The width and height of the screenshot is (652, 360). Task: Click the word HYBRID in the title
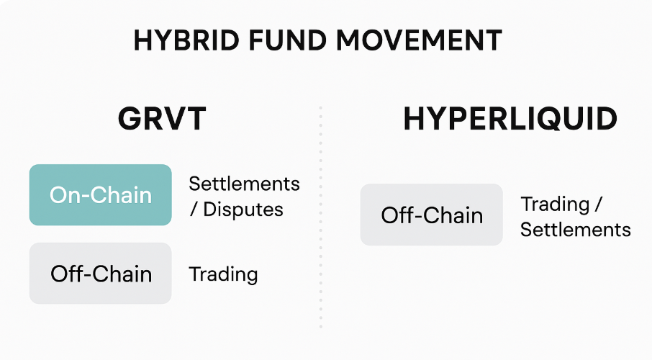click(x=186, y=40)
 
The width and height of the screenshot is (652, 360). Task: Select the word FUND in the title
click(x=287, y=40)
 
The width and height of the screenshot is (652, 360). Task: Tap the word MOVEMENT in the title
click(x=419, y=40)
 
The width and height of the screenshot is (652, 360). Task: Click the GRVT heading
click(x=162, y=119)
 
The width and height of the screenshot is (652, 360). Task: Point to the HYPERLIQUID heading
click(x=510, y=119)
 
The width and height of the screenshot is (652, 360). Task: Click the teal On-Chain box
click(x=100, y=195)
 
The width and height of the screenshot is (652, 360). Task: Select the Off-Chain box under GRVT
click(x=100, y=273)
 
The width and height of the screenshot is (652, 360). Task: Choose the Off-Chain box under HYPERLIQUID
click(x=431, y=215)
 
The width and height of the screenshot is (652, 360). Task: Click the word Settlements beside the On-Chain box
click(x=244, y=184)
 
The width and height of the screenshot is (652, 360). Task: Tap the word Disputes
click(x=243, y=210)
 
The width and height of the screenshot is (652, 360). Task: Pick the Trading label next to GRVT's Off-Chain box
click(x=223, y=275)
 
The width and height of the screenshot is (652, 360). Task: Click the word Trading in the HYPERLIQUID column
click(x=555, y=204)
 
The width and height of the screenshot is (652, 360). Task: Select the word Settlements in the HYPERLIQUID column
click(x=576, y=230)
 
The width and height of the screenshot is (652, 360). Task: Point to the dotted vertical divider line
click(x=320, y=217)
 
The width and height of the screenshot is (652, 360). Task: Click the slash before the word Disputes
click(x=194, y=210)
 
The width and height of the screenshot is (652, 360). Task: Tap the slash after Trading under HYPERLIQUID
click(x=598, y=204)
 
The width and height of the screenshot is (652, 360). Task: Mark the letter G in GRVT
click(x=130, y=119)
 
